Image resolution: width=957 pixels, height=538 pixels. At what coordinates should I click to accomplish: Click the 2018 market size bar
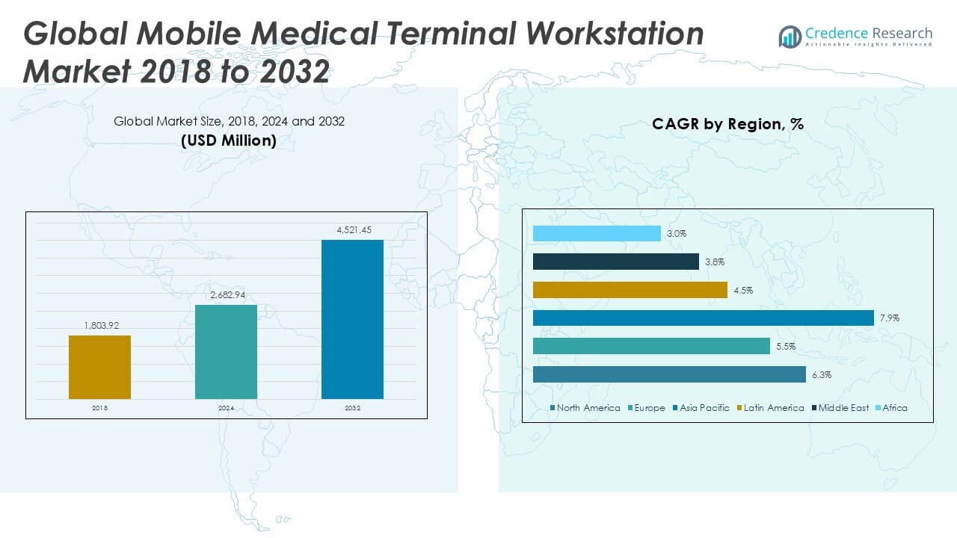click(99, 367)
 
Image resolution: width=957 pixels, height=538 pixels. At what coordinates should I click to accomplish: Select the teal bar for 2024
click(226, 352)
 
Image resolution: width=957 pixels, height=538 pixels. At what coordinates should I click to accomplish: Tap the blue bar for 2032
click(352, 319)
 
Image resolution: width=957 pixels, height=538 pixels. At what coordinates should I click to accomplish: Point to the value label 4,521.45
click(352, 230)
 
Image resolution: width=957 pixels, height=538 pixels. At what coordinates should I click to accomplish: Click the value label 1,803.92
click(99, 325)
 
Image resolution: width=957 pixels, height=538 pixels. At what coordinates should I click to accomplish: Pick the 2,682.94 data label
click(226, 295)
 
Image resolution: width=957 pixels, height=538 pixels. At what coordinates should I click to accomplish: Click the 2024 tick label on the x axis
click(226, 409)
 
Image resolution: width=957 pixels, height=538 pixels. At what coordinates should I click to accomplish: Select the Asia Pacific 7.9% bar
click(703, 318)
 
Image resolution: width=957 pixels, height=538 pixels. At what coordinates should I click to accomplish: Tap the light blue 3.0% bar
click(597, 234)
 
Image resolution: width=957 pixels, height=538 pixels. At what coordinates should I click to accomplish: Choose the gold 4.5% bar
click(630, 290)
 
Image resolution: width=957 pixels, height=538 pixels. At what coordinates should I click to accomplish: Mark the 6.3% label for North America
click(822, 375)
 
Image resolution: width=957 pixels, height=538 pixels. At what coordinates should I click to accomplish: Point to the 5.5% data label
click(786, 347)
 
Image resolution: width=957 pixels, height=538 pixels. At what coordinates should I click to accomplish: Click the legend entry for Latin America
click(773, 408)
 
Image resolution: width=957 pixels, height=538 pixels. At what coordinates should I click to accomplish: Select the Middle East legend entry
click(843, 408)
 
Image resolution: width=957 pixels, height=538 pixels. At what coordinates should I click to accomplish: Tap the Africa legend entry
click(894, 408)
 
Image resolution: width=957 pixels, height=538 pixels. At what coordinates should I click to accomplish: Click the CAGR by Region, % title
click(727, 124)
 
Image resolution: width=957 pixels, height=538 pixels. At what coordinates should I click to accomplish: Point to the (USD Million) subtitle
click(229, 140)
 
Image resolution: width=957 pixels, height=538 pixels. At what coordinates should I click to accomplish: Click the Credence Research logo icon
click(790, 37)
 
